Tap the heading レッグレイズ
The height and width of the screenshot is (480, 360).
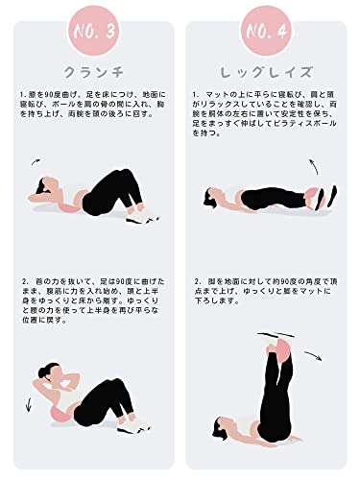[270, 71]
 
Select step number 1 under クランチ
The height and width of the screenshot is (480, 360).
[22, 94]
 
